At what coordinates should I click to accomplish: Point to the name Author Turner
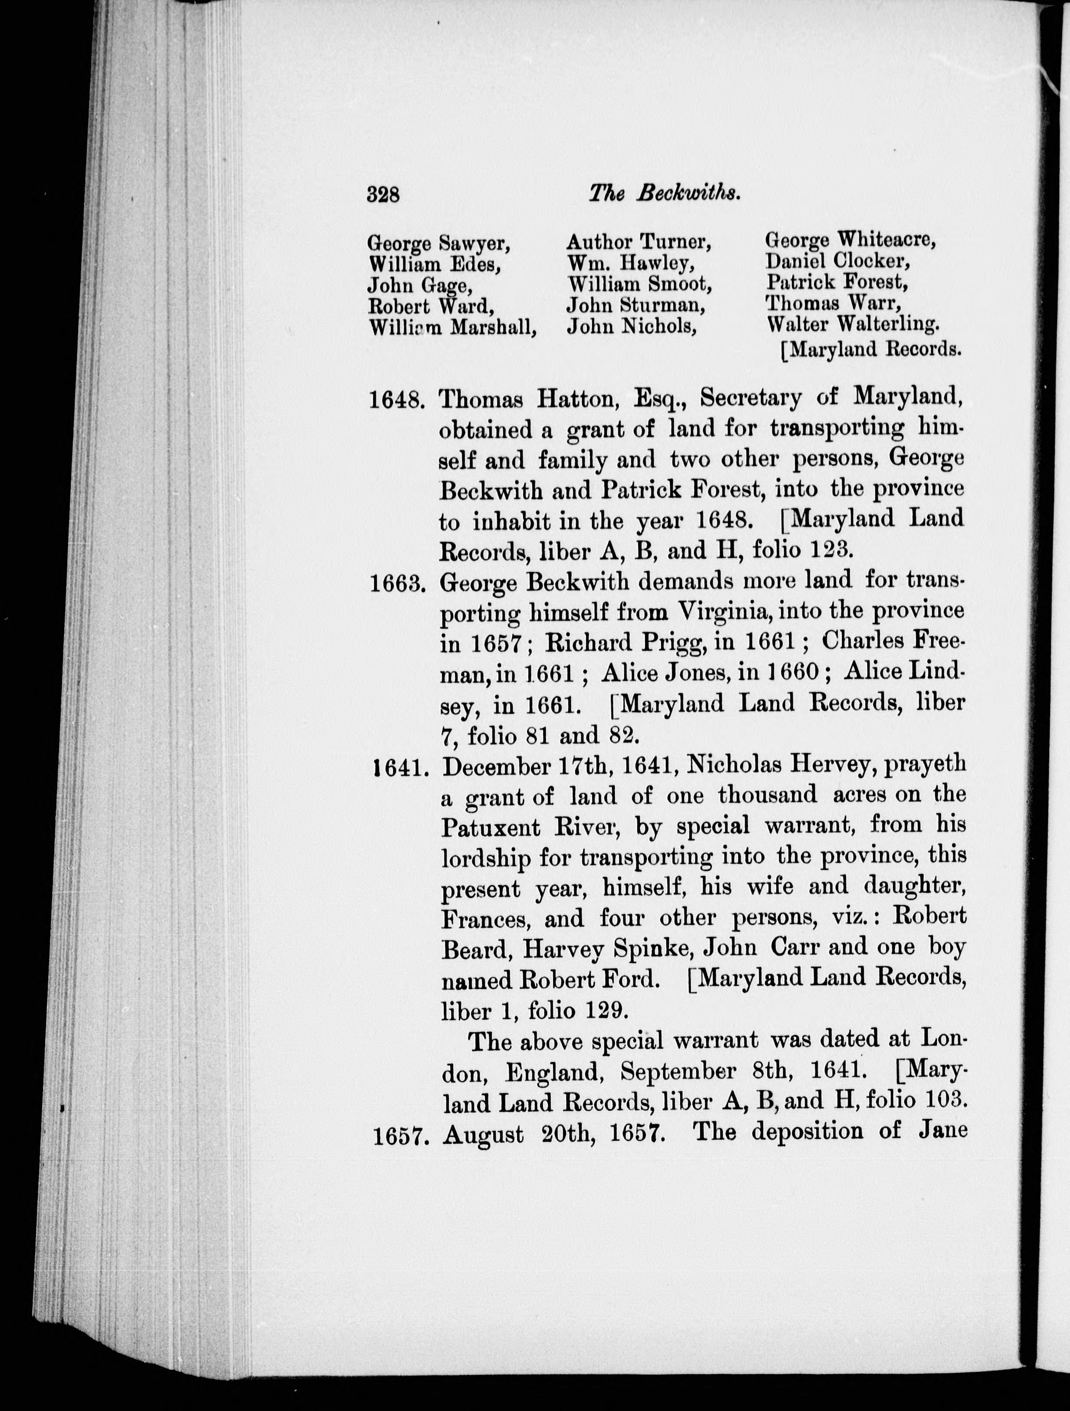pyautogui.click(x=639, y=242)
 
